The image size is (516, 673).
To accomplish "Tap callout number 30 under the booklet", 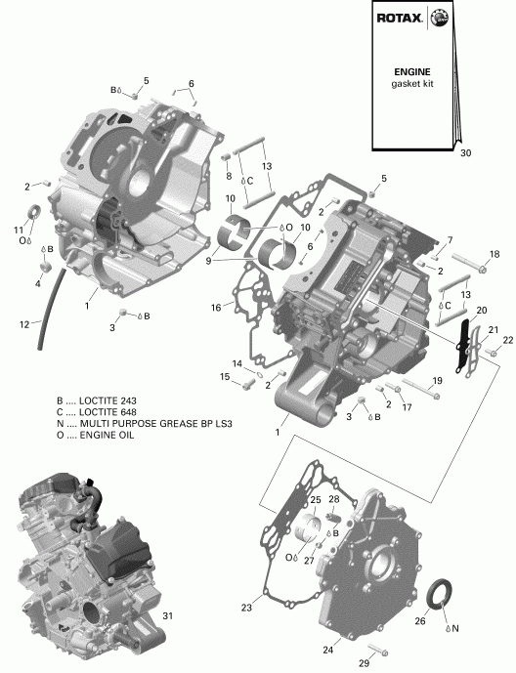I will (465, 153).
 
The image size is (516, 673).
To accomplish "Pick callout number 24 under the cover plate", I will (327, 650).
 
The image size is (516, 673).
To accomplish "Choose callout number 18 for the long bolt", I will (494, 253).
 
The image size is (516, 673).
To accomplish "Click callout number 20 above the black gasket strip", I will (481, 310).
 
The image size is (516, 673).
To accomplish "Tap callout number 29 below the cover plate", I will (365, 664).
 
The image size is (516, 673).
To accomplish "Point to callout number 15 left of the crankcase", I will (223, 377).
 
